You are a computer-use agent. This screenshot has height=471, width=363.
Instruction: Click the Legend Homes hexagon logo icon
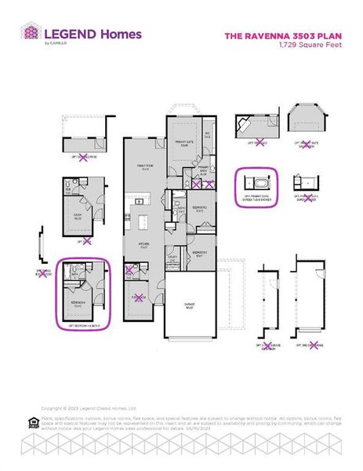click(x=29, y=35)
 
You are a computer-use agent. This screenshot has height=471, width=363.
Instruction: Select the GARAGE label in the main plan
click(x=190, y=305)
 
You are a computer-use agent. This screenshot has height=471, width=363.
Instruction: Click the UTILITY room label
click(x=173, y=257)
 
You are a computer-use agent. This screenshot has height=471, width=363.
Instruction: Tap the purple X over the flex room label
click(x=140, y=298)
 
